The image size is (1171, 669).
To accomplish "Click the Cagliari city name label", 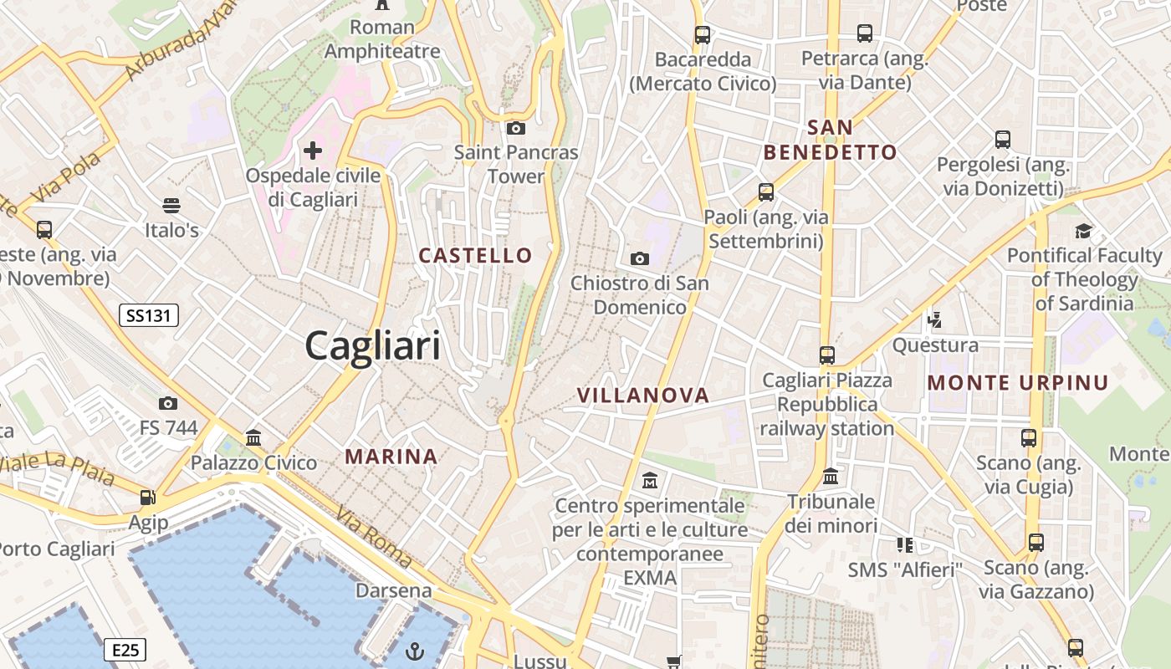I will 372,345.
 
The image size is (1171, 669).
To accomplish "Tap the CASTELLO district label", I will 475,256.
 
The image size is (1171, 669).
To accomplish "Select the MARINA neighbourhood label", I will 391,457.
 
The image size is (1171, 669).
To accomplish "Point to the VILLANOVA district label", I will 643,396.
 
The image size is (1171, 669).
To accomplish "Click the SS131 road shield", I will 149,315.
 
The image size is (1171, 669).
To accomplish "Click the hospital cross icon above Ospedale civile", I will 313,151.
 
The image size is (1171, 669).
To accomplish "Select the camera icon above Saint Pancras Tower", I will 516,128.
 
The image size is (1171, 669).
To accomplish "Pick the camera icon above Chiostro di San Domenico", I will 640,258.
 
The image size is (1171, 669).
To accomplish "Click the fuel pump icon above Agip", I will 148,498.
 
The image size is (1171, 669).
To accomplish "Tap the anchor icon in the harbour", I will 415,651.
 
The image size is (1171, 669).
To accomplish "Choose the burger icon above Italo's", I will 171,205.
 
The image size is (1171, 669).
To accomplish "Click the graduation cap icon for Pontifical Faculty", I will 1084,231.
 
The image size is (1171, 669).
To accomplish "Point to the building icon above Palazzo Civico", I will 253,437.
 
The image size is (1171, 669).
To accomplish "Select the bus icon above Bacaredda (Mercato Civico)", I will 703,35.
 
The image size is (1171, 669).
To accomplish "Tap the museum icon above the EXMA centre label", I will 650,481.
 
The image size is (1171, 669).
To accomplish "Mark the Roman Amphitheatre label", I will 382,39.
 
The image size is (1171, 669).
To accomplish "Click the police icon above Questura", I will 935,319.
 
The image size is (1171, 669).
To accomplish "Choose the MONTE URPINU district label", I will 1018,383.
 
